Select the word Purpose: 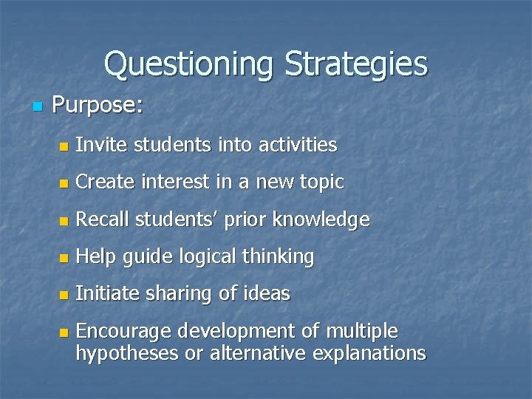[98, 106]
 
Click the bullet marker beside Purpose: [38, 107]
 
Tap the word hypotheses [126, 353]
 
